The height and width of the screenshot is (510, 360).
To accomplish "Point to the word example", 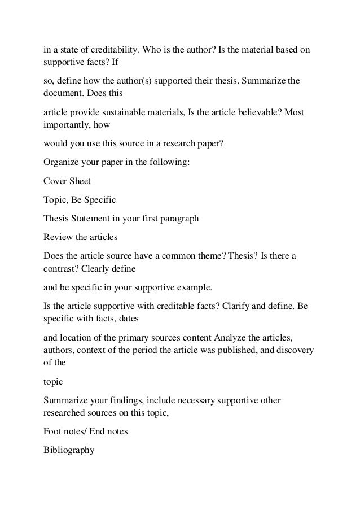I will coord(194,287).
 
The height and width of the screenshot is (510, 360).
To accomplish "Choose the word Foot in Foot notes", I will coord(52,433).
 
